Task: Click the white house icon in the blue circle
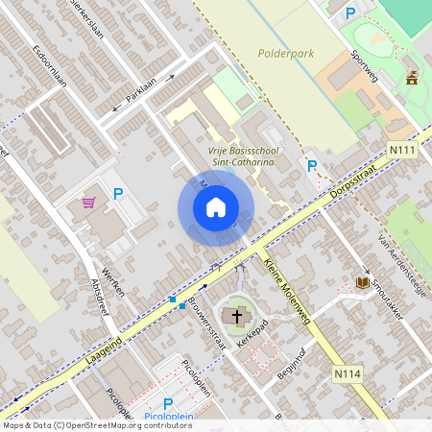216,207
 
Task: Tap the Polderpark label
286,54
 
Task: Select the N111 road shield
403,151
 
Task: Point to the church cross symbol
234,315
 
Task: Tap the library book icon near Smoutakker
363,282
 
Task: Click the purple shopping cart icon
89,203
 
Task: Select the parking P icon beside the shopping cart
118,194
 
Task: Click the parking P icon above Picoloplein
167,404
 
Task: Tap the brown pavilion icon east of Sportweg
414,77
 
